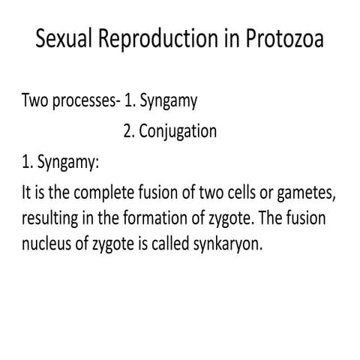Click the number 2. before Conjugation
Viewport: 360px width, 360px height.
tap(130, 132)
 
